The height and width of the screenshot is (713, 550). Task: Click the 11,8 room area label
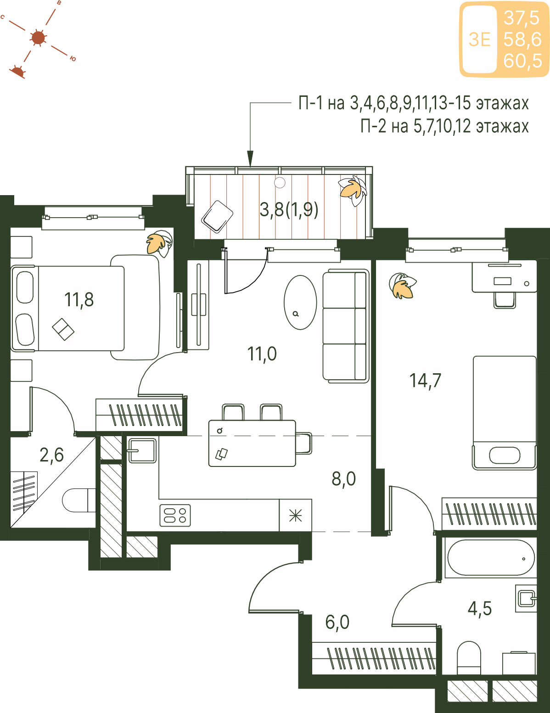click(79, 300)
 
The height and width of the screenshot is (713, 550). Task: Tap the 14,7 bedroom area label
click(425, 381)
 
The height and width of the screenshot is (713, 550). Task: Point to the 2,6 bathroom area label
click(51, 455)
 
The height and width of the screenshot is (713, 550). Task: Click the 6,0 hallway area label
click(337, 622)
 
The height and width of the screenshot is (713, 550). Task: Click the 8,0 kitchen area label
click(343, 479)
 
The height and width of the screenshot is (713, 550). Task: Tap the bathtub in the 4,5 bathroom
click(491, 558)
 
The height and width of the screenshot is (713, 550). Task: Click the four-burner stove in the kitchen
click(175, 516)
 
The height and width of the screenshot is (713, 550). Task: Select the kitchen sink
click(142, 450)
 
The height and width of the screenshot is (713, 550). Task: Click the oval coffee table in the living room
click(300, 302)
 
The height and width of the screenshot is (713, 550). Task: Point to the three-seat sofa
click(346, 326)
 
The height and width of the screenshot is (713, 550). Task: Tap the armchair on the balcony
click(217, 217)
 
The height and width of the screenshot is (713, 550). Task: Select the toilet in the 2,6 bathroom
click(79, 500)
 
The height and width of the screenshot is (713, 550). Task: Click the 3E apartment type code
click(479, 39)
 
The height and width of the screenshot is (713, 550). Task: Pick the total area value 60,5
click(523, 61)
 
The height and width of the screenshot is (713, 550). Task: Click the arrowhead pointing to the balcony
click(250, 159)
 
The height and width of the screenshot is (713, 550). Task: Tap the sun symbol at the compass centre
click(39, 38)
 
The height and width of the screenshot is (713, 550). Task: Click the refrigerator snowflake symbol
click(296, 516)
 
